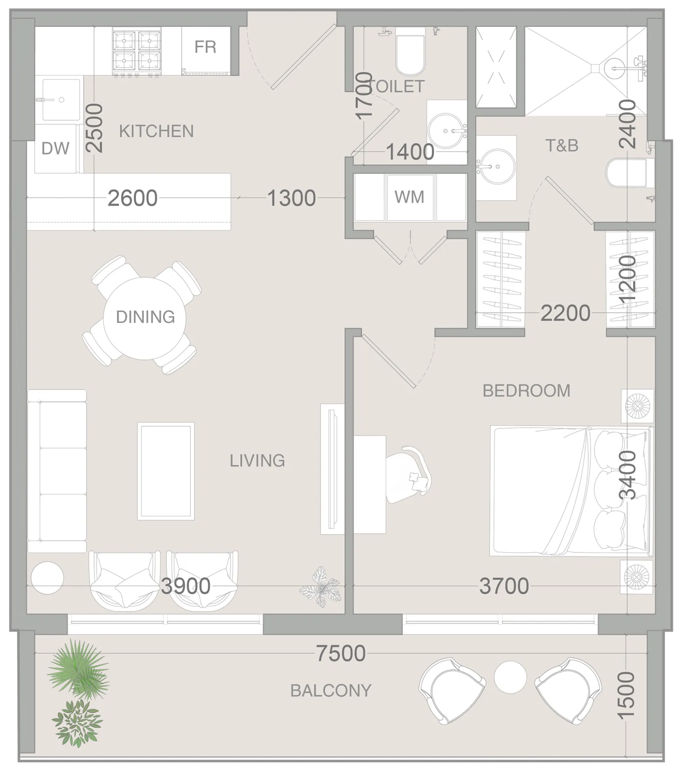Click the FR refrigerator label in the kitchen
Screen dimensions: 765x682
click(205, 47)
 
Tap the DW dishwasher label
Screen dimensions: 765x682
click(55, 149)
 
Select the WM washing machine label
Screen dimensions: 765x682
click(409, 197)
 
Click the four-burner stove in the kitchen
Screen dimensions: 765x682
click(137, 51)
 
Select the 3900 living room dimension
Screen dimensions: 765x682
click(186, 586)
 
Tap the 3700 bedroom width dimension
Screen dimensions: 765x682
click(504, 586)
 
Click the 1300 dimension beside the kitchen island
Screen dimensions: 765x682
click(291, 198)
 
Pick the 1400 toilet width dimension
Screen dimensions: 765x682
click(410, 152)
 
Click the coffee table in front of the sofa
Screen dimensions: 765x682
click(166, 471)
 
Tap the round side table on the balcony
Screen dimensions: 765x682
click(510, 677)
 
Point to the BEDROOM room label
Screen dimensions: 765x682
click(526, 391)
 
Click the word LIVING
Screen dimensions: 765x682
click(257, 460)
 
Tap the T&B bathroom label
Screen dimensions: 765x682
click(562, 146)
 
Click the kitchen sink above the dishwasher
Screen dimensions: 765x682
click(61, 100)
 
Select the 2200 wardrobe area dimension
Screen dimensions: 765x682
click(565, 313)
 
